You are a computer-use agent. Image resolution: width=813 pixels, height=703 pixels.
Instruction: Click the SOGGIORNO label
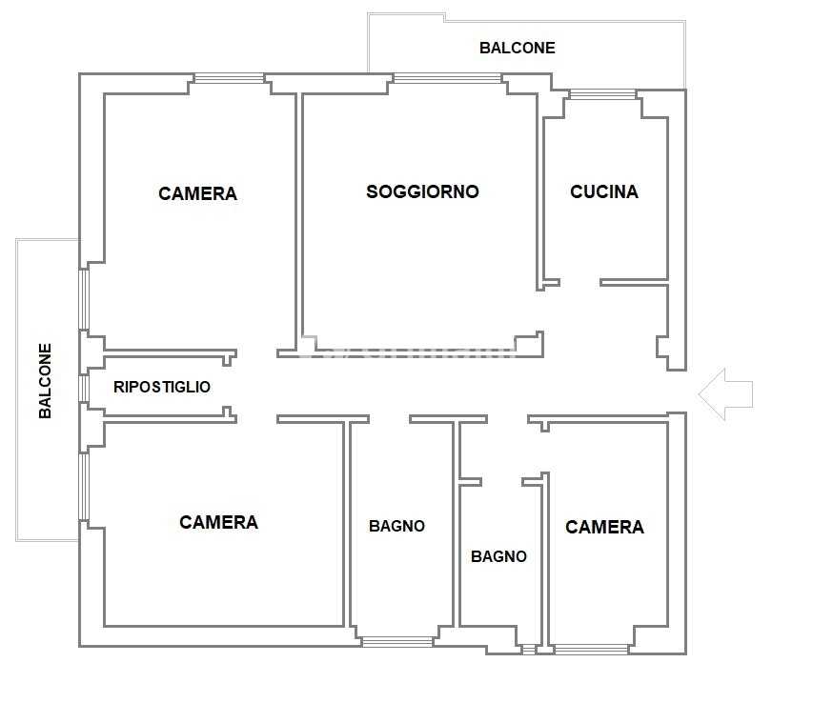(x=422, y=191)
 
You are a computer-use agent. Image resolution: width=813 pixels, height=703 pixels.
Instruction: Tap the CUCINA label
(x=604, y=191)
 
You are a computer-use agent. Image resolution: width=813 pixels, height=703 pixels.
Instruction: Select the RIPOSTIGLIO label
(x=162, y=387)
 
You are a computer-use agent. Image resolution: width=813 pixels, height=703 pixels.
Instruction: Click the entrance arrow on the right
(x=725, y=394)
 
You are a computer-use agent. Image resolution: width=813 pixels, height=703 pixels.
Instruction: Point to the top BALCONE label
(x=517, y=49)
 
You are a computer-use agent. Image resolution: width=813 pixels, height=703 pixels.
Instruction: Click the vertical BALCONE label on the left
(x=45, y=381)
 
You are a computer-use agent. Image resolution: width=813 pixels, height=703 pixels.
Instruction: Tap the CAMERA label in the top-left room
(x=197, y=193)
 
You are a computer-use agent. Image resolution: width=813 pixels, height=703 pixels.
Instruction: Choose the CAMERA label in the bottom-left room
(x=218, y=522)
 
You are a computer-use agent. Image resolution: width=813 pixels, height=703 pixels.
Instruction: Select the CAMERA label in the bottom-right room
(x=604, y=528)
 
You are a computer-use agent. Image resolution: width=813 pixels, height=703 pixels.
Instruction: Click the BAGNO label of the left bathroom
(x=396, y=527)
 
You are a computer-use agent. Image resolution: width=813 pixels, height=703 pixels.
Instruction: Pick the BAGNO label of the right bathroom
(x=498, y=556)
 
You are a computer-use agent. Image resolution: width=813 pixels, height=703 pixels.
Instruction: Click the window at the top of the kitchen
(x=602, y=94)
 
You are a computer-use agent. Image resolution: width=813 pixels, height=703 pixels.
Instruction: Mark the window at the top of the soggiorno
(x=447, y=79)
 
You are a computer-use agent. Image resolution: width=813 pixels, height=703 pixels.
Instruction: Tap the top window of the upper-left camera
(x=229, y=79)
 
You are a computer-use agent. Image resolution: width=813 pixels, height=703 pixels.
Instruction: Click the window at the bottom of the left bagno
(x=397, y=642)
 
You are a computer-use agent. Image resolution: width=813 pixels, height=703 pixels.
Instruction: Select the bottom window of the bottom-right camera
(x=591, y=650)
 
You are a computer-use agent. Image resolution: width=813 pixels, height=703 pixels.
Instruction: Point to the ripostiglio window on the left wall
(x=84, y=389)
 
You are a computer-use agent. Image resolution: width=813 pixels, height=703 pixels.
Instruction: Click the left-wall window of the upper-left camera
(x=84, y=299)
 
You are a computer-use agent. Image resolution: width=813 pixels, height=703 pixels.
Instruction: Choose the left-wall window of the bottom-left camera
(x=84, y=487)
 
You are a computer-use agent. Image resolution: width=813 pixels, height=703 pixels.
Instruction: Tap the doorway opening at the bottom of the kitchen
(x=580, y=283)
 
